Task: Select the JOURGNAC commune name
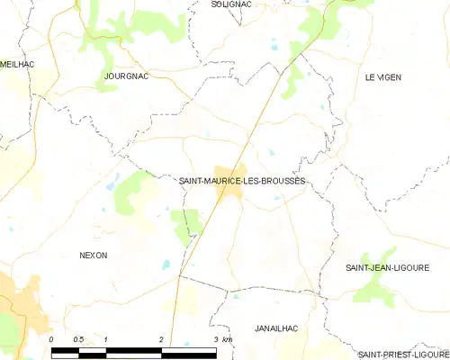point(126,76)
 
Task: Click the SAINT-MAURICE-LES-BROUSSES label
point(242,181)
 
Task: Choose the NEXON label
point(94,256)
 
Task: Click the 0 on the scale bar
point(51,338)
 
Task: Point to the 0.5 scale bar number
point(78,338)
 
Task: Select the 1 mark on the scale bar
point(106,338)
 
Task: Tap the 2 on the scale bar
point(161,338)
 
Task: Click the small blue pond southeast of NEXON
point(165,265)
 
